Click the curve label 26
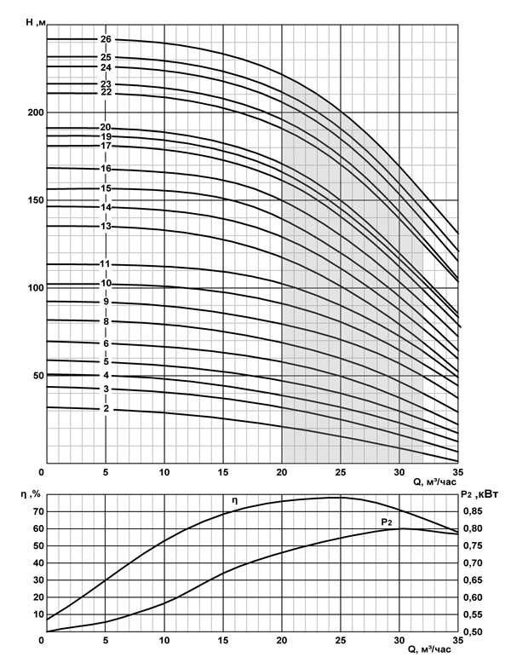106,39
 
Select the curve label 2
106,409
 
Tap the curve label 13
106,227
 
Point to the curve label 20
106,128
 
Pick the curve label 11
106,264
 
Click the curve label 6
106,343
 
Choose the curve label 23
106,84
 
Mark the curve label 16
106,169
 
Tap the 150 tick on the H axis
32,200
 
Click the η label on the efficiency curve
235,499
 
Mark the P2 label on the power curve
385,520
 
